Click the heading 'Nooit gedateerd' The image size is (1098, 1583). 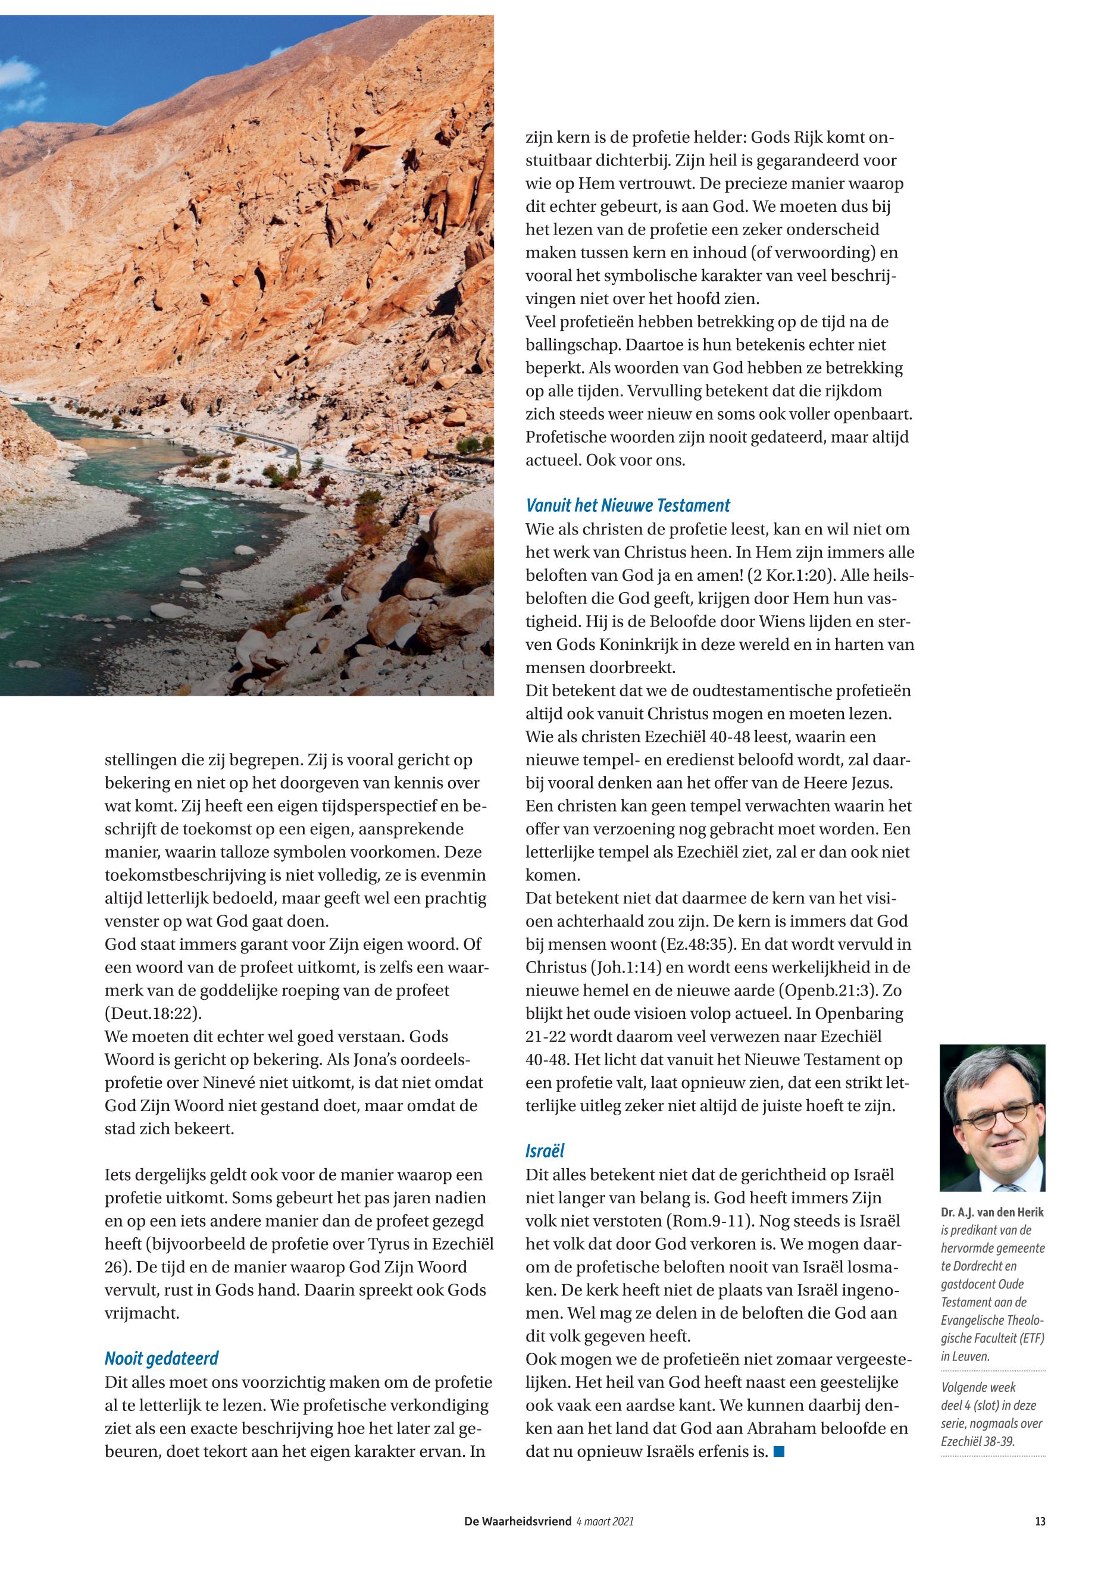click(161, 1358)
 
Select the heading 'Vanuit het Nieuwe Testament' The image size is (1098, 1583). click(627, 506)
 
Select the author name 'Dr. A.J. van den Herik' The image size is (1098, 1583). click(991, 1212)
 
